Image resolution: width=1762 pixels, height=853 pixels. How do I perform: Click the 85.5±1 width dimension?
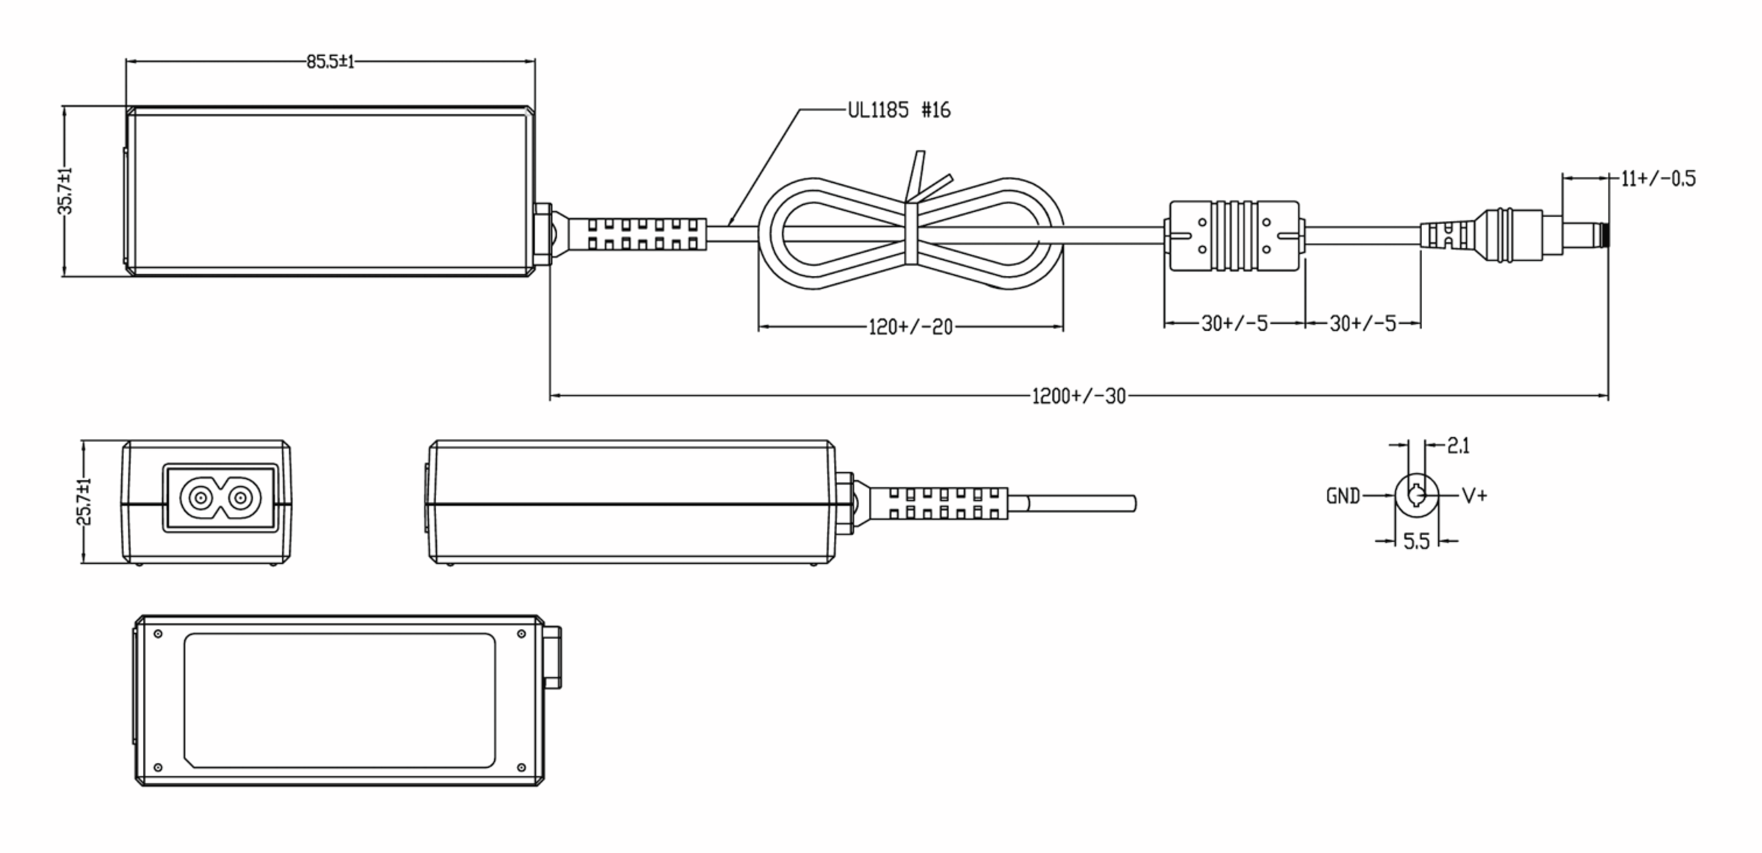tap(330, 62)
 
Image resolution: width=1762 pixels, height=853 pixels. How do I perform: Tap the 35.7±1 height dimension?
tap(66, 191)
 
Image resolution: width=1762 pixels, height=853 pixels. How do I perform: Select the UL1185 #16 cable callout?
tap(899, 110)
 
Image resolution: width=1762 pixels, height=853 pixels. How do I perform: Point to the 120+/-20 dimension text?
tap(910, 327)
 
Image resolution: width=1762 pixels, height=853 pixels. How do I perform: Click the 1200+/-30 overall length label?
tap(1078, 396)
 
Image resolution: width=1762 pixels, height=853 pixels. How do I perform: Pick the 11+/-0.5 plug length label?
tap(1658, 178)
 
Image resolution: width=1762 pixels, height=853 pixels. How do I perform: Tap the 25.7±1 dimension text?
tap(84, 501)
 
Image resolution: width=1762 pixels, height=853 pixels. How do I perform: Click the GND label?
tap(1343, 497)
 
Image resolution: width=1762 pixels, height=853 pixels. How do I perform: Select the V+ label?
tap(1474, 496)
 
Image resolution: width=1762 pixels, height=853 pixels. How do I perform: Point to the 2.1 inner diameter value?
tap(1458, 446)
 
